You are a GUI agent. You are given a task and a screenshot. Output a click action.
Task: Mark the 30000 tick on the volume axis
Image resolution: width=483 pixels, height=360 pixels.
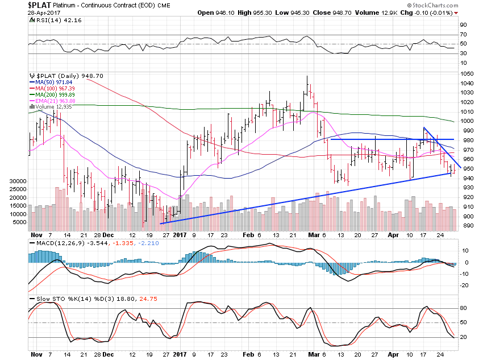[19, 181]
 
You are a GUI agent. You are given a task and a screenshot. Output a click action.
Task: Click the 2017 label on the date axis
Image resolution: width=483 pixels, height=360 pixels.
[180, 234]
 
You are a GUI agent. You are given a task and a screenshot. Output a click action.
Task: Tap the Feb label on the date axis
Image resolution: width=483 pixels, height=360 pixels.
[248, 234]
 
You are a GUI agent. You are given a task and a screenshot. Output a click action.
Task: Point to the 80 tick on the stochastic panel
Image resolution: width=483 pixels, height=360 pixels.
[463, 308]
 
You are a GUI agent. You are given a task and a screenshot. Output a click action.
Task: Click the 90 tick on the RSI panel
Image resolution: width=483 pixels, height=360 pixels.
[463, 24]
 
